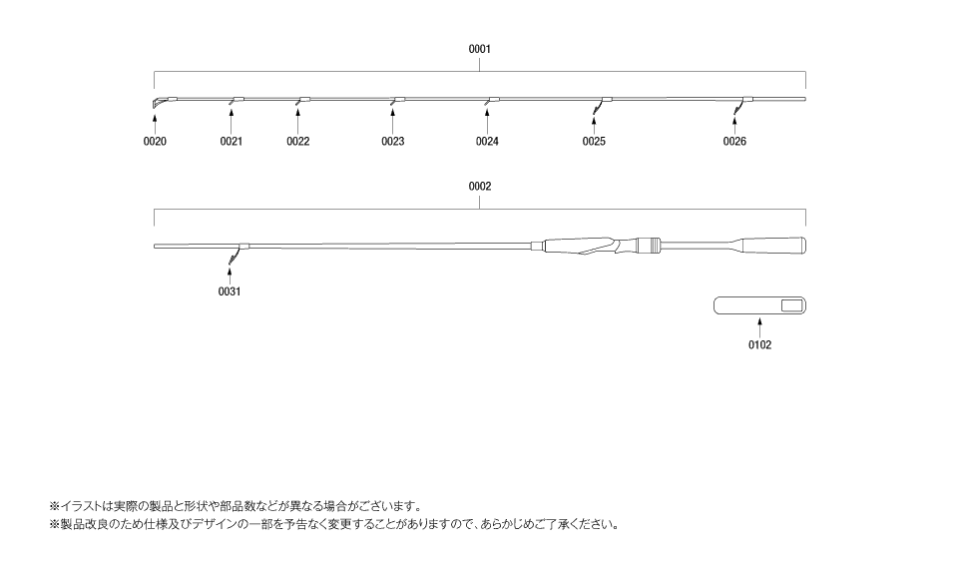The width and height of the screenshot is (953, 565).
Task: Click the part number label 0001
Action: [x=480, y=49]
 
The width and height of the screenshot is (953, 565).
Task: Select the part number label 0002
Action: [x=480, y=187]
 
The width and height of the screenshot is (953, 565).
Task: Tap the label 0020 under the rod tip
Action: [x=155, y=142]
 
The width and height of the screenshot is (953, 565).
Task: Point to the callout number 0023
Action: [x=392, y=142]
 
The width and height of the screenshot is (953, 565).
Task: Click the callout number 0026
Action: [x=734, y=142]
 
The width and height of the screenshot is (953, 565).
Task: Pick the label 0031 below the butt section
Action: [x=230, y=291]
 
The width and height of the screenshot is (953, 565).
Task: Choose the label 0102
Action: [x=759, y=345]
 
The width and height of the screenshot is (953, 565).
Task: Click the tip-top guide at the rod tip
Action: [x=157, y=102]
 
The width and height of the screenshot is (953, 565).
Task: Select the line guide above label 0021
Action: [x=236, y=101]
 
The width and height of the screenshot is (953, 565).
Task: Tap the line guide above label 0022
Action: [x=302, y=101]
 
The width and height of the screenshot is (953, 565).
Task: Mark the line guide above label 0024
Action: [x=492, y=101]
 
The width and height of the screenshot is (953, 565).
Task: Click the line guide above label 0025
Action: [x=602, y=104]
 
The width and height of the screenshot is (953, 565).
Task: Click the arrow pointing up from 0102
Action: [x=759, y=328]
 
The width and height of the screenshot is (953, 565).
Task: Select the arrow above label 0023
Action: [x=392, y=122]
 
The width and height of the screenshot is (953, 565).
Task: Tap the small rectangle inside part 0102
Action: [x=791, y=305]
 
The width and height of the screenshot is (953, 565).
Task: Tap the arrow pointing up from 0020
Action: [x=155, y=122]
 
